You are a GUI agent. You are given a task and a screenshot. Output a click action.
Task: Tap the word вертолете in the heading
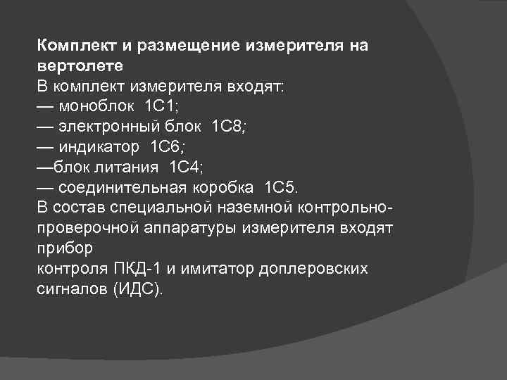pyautogui.click(x=80, y=67)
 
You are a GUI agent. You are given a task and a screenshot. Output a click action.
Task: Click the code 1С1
pyautogui.click(x=163, y=107)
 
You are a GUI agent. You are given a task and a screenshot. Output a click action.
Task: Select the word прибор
pyautogui.click(x=64, y=250)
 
